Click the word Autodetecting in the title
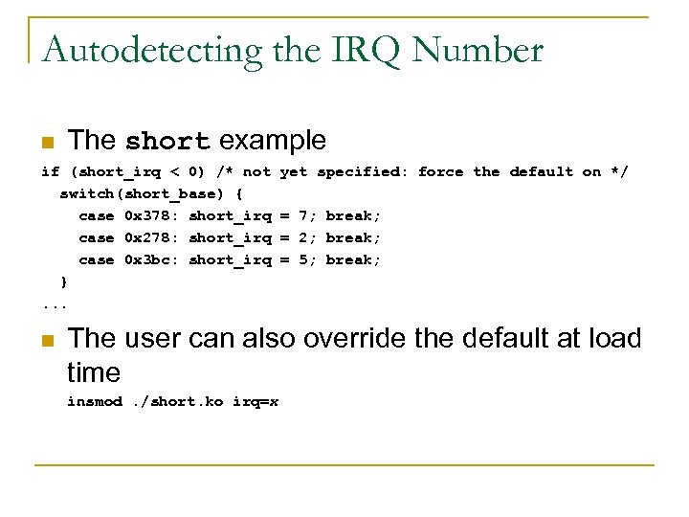click(x=153, y=50)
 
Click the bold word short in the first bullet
click(x=167, y=141)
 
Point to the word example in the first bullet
click(x=273, y=141)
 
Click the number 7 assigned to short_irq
click(x=303, y=216)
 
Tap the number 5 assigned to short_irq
click(x=303, y=260)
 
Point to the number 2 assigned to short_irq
click(x=303, y=238)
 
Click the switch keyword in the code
click(x=86, y=194)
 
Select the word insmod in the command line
click(x=95, y=402)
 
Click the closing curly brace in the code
click(x=64, y=282)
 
